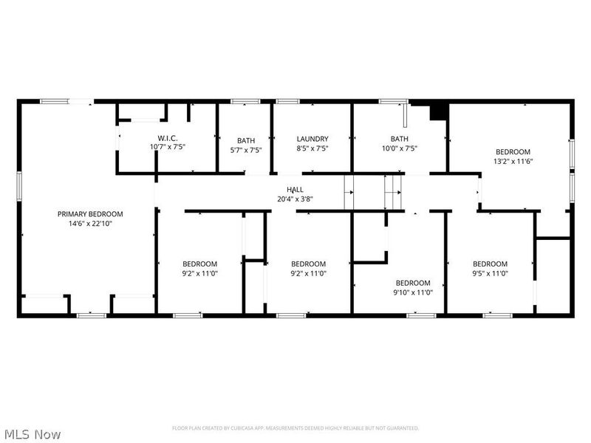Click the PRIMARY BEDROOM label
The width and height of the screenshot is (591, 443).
click(90, 213)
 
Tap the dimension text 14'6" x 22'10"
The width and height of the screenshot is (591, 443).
click(90, 223)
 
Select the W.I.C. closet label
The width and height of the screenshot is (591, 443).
click(167, 138)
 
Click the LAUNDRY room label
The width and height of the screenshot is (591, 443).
click(312, 139)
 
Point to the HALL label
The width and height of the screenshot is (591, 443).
click(295, 190)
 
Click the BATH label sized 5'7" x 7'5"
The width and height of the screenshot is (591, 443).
click(246, 140)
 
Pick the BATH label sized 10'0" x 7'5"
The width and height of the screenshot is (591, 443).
click(400, 139)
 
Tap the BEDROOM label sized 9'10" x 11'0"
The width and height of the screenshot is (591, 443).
click(413, 283)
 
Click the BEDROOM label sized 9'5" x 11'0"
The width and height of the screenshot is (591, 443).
click(491, 264)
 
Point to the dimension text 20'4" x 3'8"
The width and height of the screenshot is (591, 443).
click(295, 199)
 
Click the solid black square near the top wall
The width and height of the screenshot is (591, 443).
click(439, 111)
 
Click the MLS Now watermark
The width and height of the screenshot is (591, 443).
click(32, 434)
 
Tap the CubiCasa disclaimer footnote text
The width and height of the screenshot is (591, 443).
click(295, 428)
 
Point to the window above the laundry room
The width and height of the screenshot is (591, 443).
click(287, 101)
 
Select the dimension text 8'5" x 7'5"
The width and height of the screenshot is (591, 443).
click(312, 148)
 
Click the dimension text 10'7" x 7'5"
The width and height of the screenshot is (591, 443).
click(167, 147)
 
